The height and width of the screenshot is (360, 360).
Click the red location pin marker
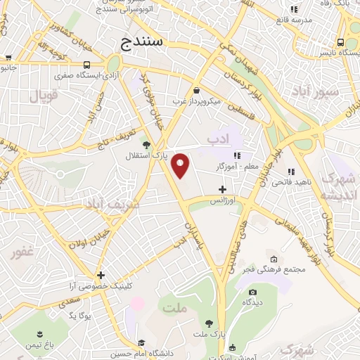pyautogui.click(x=181, y=165)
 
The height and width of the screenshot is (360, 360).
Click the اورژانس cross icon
pyautogui.click(x=223, y=188)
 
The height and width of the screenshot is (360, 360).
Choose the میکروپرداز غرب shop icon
pyautogui.click(x=195, y=90)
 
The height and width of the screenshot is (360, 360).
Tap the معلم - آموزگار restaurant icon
pyautogui.click(x=238, y=155)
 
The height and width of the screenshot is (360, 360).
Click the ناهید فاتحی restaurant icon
pyautogui.click(x=290, y=171)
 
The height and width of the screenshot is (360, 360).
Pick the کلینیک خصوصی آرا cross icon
pyautogui.click(x=101, y=275)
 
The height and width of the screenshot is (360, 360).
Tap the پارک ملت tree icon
pyautogui.click(x=208, y=322)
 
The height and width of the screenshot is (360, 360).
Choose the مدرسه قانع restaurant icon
pyautogui.click(x=294, y=10)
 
